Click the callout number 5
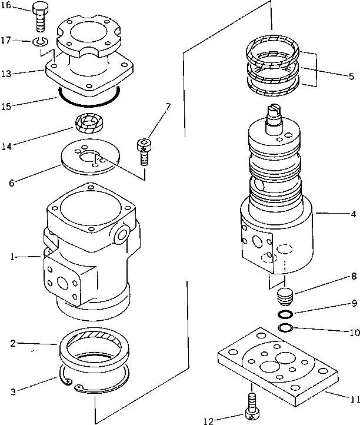[351, 76]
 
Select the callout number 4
[351, 214]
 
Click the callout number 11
[352, 400]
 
